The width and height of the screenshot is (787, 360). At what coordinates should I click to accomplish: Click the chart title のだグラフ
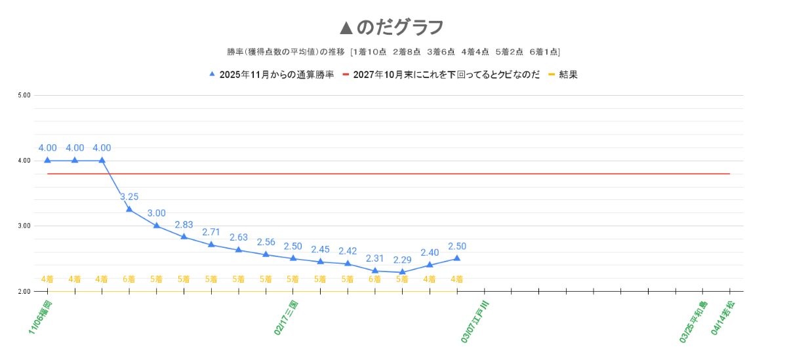click(x=392, y=28)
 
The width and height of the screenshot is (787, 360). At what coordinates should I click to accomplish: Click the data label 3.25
click(x=129, y=196)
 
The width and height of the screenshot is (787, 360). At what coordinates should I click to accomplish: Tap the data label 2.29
click(x=402, y=260)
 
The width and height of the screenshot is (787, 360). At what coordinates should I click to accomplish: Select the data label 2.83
click(x=184, y=224)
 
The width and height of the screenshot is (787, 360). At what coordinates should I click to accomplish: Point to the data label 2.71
click(x=211, y=232)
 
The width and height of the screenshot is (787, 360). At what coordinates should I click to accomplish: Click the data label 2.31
click(x=374, y=258)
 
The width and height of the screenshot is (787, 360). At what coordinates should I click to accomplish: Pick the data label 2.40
click(x=430, y=252)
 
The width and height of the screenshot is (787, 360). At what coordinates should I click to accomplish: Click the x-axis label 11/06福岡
click(x=41, y=318)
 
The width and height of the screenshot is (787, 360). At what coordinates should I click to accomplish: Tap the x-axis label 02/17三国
click(x=287, y=318)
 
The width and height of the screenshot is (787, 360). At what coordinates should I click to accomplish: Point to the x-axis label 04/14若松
click(x=723, y=319)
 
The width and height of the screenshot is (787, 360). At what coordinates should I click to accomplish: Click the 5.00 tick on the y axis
click(x=24, y=95)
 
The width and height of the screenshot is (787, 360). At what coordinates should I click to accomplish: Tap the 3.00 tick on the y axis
click(x=24, y=226)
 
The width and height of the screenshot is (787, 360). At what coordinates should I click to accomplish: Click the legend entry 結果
click(x=568, y=75)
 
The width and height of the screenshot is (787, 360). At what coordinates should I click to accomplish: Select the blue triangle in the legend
click(x=212, y=74)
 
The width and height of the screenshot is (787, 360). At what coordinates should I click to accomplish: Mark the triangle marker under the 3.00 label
click(x=157, y=225)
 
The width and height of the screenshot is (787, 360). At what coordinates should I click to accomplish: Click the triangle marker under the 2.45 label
click(x=320, y=261)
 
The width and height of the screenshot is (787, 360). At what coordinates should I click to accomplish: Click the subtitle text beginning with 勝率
click(x=392, y=52)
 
